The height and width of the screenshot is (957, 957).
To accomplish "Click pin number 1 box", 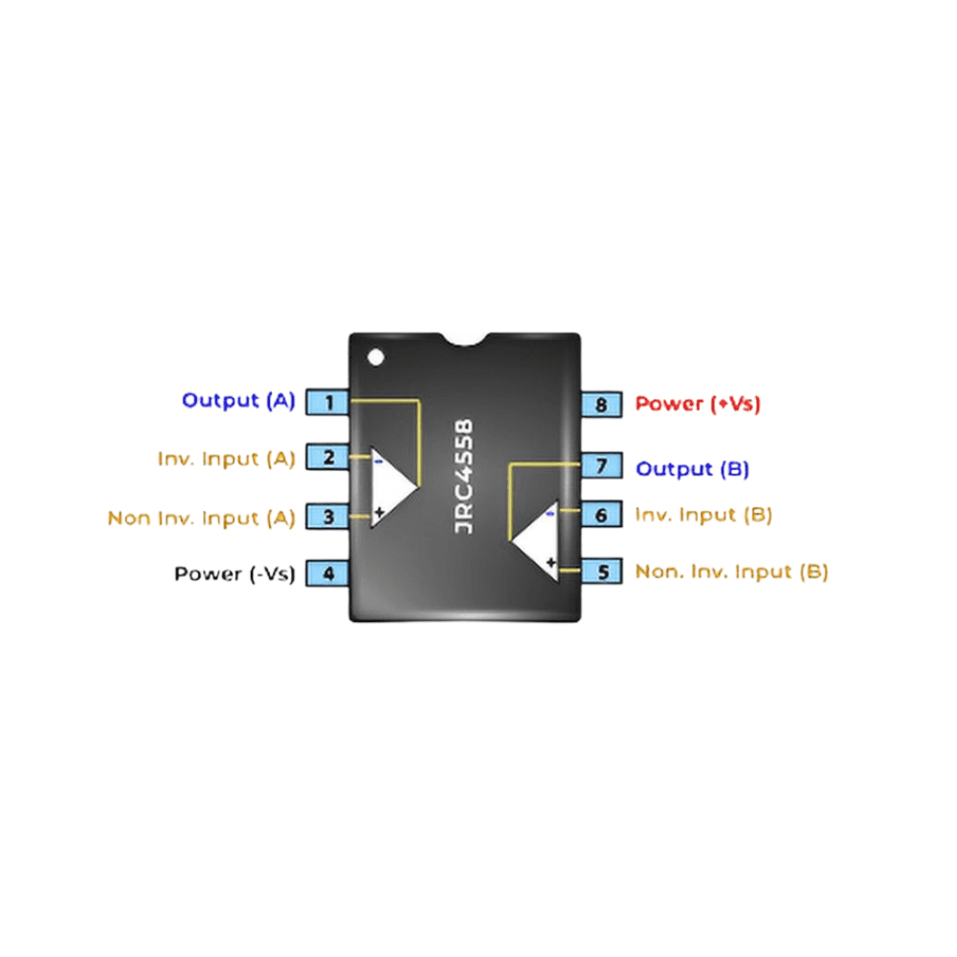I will (x=328, y=403).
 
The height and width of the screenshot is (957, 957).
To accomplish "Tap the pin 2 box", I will (x=328, y=457).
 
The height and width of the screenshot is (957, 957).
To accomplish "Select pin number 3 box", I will (x=328, y=517).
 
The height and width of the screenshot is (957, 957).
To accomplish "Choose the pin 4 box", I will (x=328, y=574).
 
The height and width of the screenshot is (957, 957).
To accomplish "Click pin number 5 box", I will (x=602, y=572).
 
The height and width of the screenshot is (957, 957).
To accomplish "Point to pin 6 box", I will (x=602, y=515).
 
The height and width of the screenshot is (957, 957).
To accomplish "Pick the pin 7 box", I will (x=602, y=467).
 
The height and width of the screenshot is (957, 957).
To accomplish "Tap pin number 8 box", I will (x=602, y=404).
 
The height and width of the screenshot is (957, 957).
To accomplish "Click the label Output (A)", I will (x=238, y=401).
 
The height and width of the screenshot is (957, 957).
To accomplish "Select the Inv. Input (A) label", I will (x=227, y=458).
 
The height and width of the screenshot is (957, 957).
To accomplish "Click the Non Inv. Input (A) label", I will (x=201, y=518).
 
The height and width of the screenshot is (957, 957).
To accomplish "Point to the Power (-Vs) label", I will (x=234, y=574).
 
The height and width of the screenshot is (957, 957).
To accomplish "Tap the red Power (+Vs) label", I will (x=698, y=404).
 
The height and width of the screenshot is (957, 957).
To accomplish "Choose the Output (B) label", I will (x=692, y=469).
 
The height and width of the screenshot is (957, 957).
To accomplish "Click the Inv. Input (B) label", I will (x=703, y=515).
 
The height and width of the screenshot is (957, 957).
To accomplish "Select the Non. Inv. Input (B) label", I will (x=731, y=572).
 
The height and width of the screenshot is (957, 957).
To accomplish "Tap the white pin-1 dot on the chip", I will (x=375, y=357).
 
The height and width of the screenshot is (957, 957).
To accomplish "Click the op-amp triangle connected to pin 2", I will (x=390, y=486).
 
